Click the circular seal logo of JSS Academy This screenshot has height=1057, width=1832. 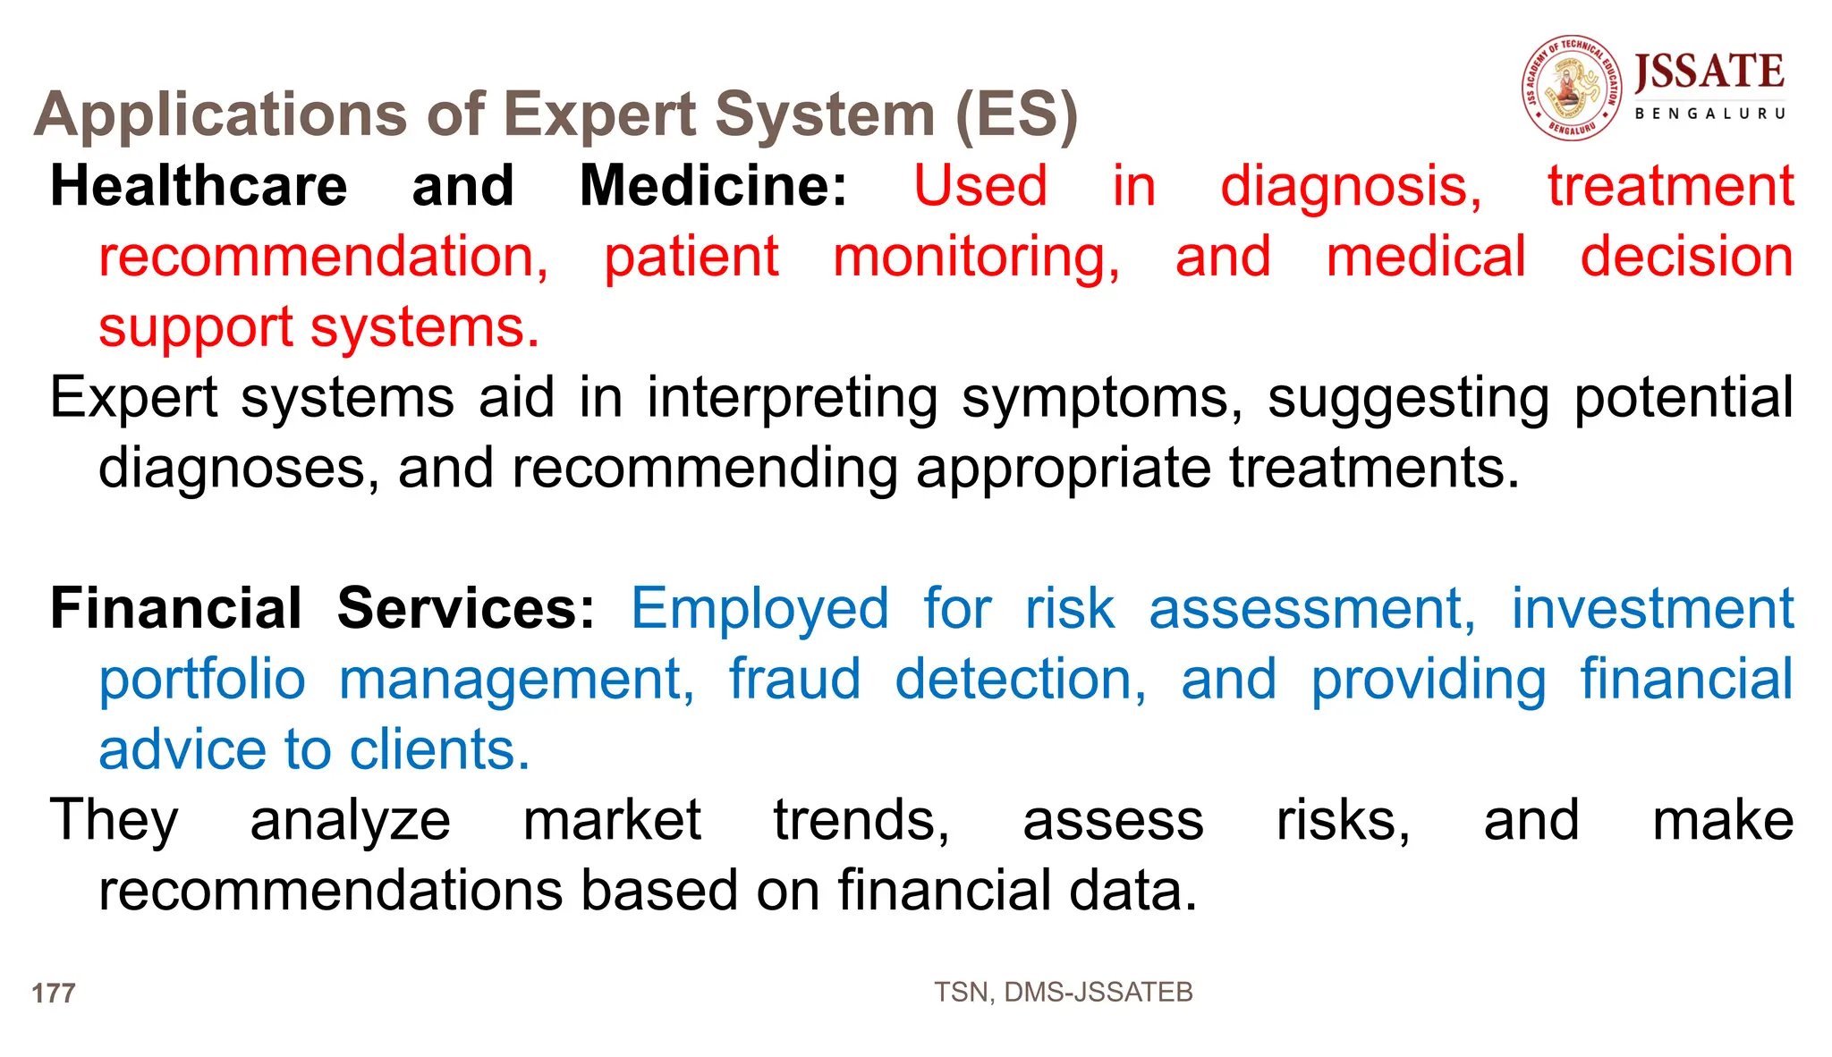(x=1572, y=88)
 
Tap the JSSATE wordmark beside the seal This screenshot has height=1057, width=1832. (x=1709, y=72)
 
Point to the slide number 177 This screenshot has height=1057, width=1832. (x=54, y=993)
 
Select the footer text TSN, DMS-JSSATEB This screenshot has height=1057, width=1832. (x=1063, y=992)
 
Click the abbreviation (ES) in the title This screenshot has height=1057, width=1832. (x=1016, y=115)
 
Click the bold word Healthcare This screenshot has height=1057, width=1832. (x=199, y=186)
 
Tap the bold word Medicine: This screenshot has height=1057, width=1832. (x=713, y=186)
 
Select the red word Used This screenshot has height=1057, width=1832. (x=980, y=186)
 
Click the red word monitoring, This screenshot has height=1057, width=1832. (x=976, y=258)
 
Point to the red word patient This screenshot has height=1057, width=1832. (x=691, y=258)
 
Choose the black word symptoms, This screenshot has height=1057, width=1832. (x=1102, y=398)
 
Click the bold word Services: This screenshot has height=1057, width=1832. (x=465, y=609)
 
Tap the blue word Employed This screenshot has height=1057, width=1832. (x=759, y=609)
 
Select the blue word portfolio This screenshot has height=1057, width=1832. (x=202, y=680)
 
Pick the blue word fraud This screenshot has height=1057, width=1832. (x=794, y=680)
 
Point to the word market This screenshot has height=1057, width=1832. (x=612, y=820)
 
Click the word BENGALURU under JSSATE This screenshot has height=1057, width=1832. (x=1709, y=114)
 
